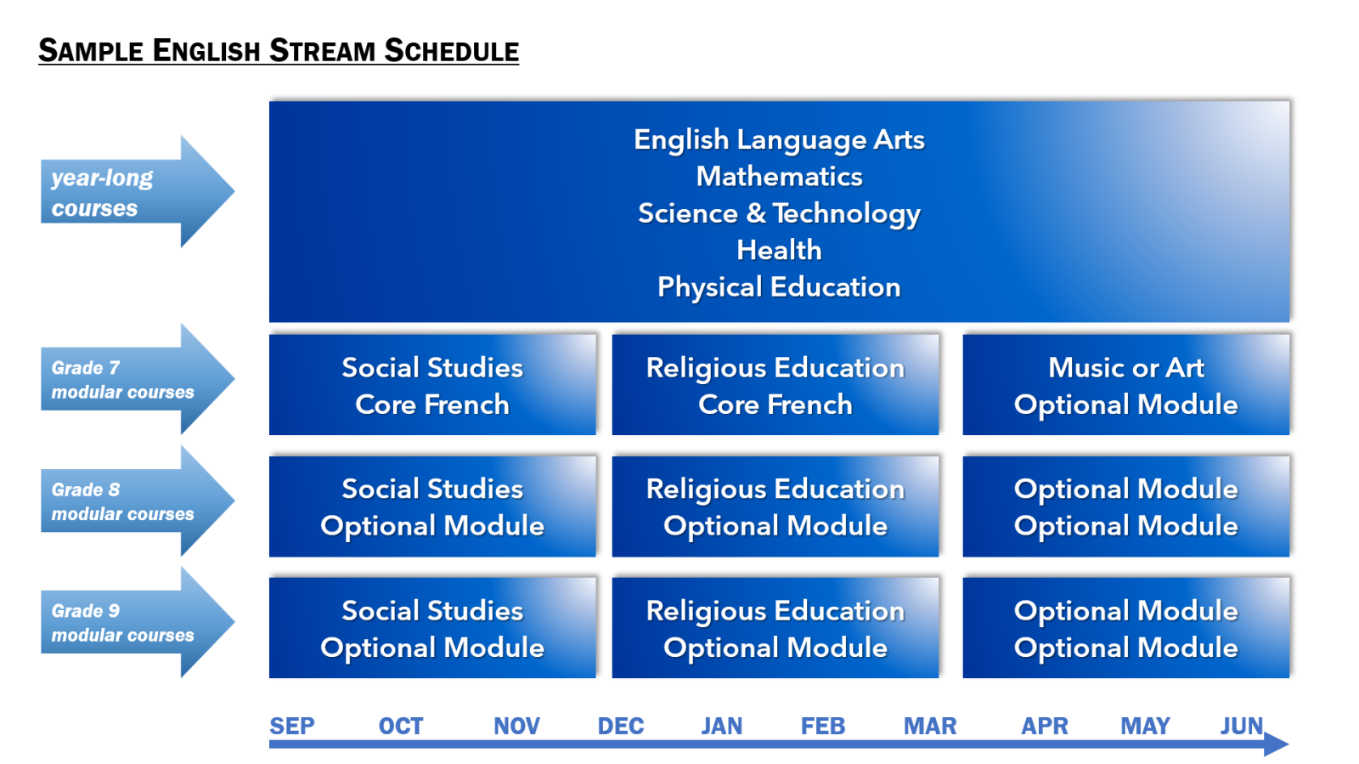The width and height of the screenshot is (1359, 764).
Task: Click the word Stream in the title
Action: (321, 50)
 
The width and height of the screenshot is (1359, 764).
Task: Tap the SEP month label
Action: (292, 726)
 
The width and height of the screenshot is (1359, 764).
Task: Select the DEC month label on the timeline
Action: (620, 726)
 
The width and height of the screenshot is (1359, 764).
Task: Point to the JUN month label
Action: (1241, 726)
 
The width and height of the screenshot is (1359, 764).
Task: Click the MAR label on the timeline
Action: (929, 726)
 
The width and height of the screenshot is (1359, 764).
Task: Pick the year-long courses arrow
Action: (138, 191)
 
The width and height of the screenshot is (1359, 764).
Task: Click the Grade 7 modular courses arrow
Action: (138, 379)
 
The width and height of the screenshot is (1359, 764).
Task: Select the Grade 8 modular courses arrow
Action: (138, 501)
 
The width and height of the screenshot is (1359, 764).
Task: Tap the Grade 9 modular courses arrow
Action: (138, 622)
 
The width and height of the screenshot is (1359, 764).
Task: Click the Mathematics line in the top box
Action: (779, 177)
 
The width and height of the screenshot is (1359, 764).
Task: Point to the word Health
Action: (779, 250)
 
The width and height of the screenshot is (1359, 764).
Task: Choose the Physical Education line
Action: (779, 287)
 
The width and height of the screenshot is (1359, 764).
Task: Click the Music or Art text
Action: (1126, 368)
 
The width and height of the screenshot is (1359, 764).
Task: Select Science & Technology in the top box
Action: (779, 213)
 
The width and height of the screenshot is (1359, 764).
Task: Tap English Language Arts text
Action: (779, 140)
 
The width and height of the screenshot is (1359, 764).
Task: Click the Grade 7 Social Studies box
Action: (432, 384)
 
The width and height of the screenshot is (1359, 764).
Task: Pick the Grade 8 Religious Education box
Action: (775, 507)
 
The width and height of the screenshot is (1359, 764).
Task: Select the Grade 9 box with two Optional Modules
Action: (1126, 627)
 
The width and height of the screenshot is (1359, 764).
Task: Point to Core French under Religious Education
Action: (775, 405)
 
